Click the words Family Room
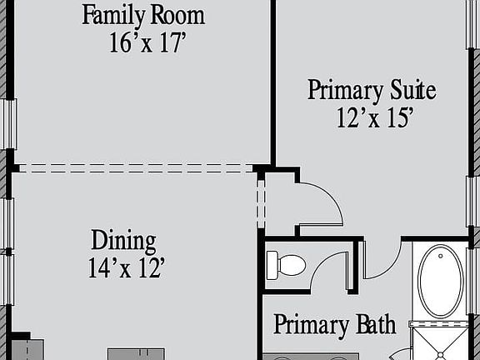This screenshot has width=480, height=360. click(x=143, y=15)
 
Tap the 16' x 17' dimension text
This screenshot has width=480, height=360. click(x=147, y=42)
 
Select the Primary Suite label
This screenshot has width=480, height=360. click(x=372, y=90)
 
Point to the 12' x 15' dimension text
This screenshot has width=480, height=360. click(x=375, y=118)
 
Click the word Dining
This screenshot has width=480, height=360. click(x=123, y=242)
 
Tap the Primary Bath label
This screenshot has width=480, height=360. click(x=334, y=325)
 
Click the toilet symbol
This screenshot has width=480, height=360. click(x=286, y=266)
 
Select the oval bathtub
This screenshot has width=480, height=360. click(x=441, y=281)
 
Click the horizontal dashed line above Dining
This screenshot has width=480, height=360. click(x=133, y=168)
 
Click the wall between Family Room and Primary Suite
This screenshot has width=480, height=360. click(x=272, y=83)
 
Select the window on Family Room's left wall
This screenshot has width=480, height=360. click(x=10, y=123)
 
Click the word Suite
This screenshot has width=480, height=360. click(x=412, y=90)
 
